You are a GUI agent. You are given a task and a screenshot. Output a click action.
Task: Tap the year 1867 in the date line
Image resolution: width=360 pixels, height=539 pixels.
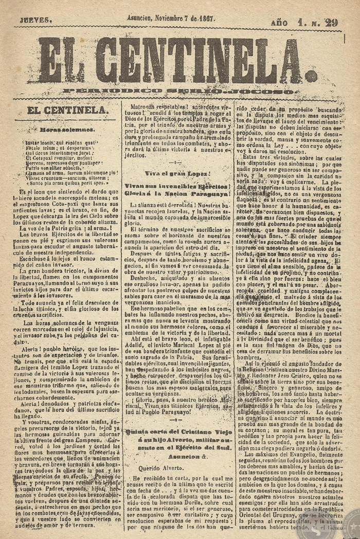click(x=205, y=17)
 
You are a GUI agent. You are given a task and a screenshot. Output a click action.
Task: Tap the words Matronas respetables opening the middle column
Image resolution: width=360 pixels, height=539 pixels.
click(x=154, y=109)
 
